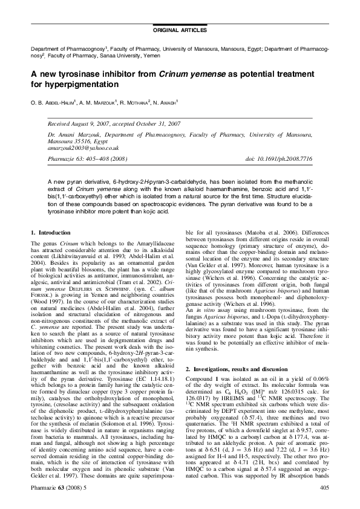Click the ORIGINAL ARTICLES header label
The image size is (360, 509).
pos(180,30)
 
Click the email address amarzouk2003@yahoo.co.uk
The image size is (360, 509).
pos(83,148)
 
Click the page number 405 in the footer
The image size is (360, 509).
pos(324,487)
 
